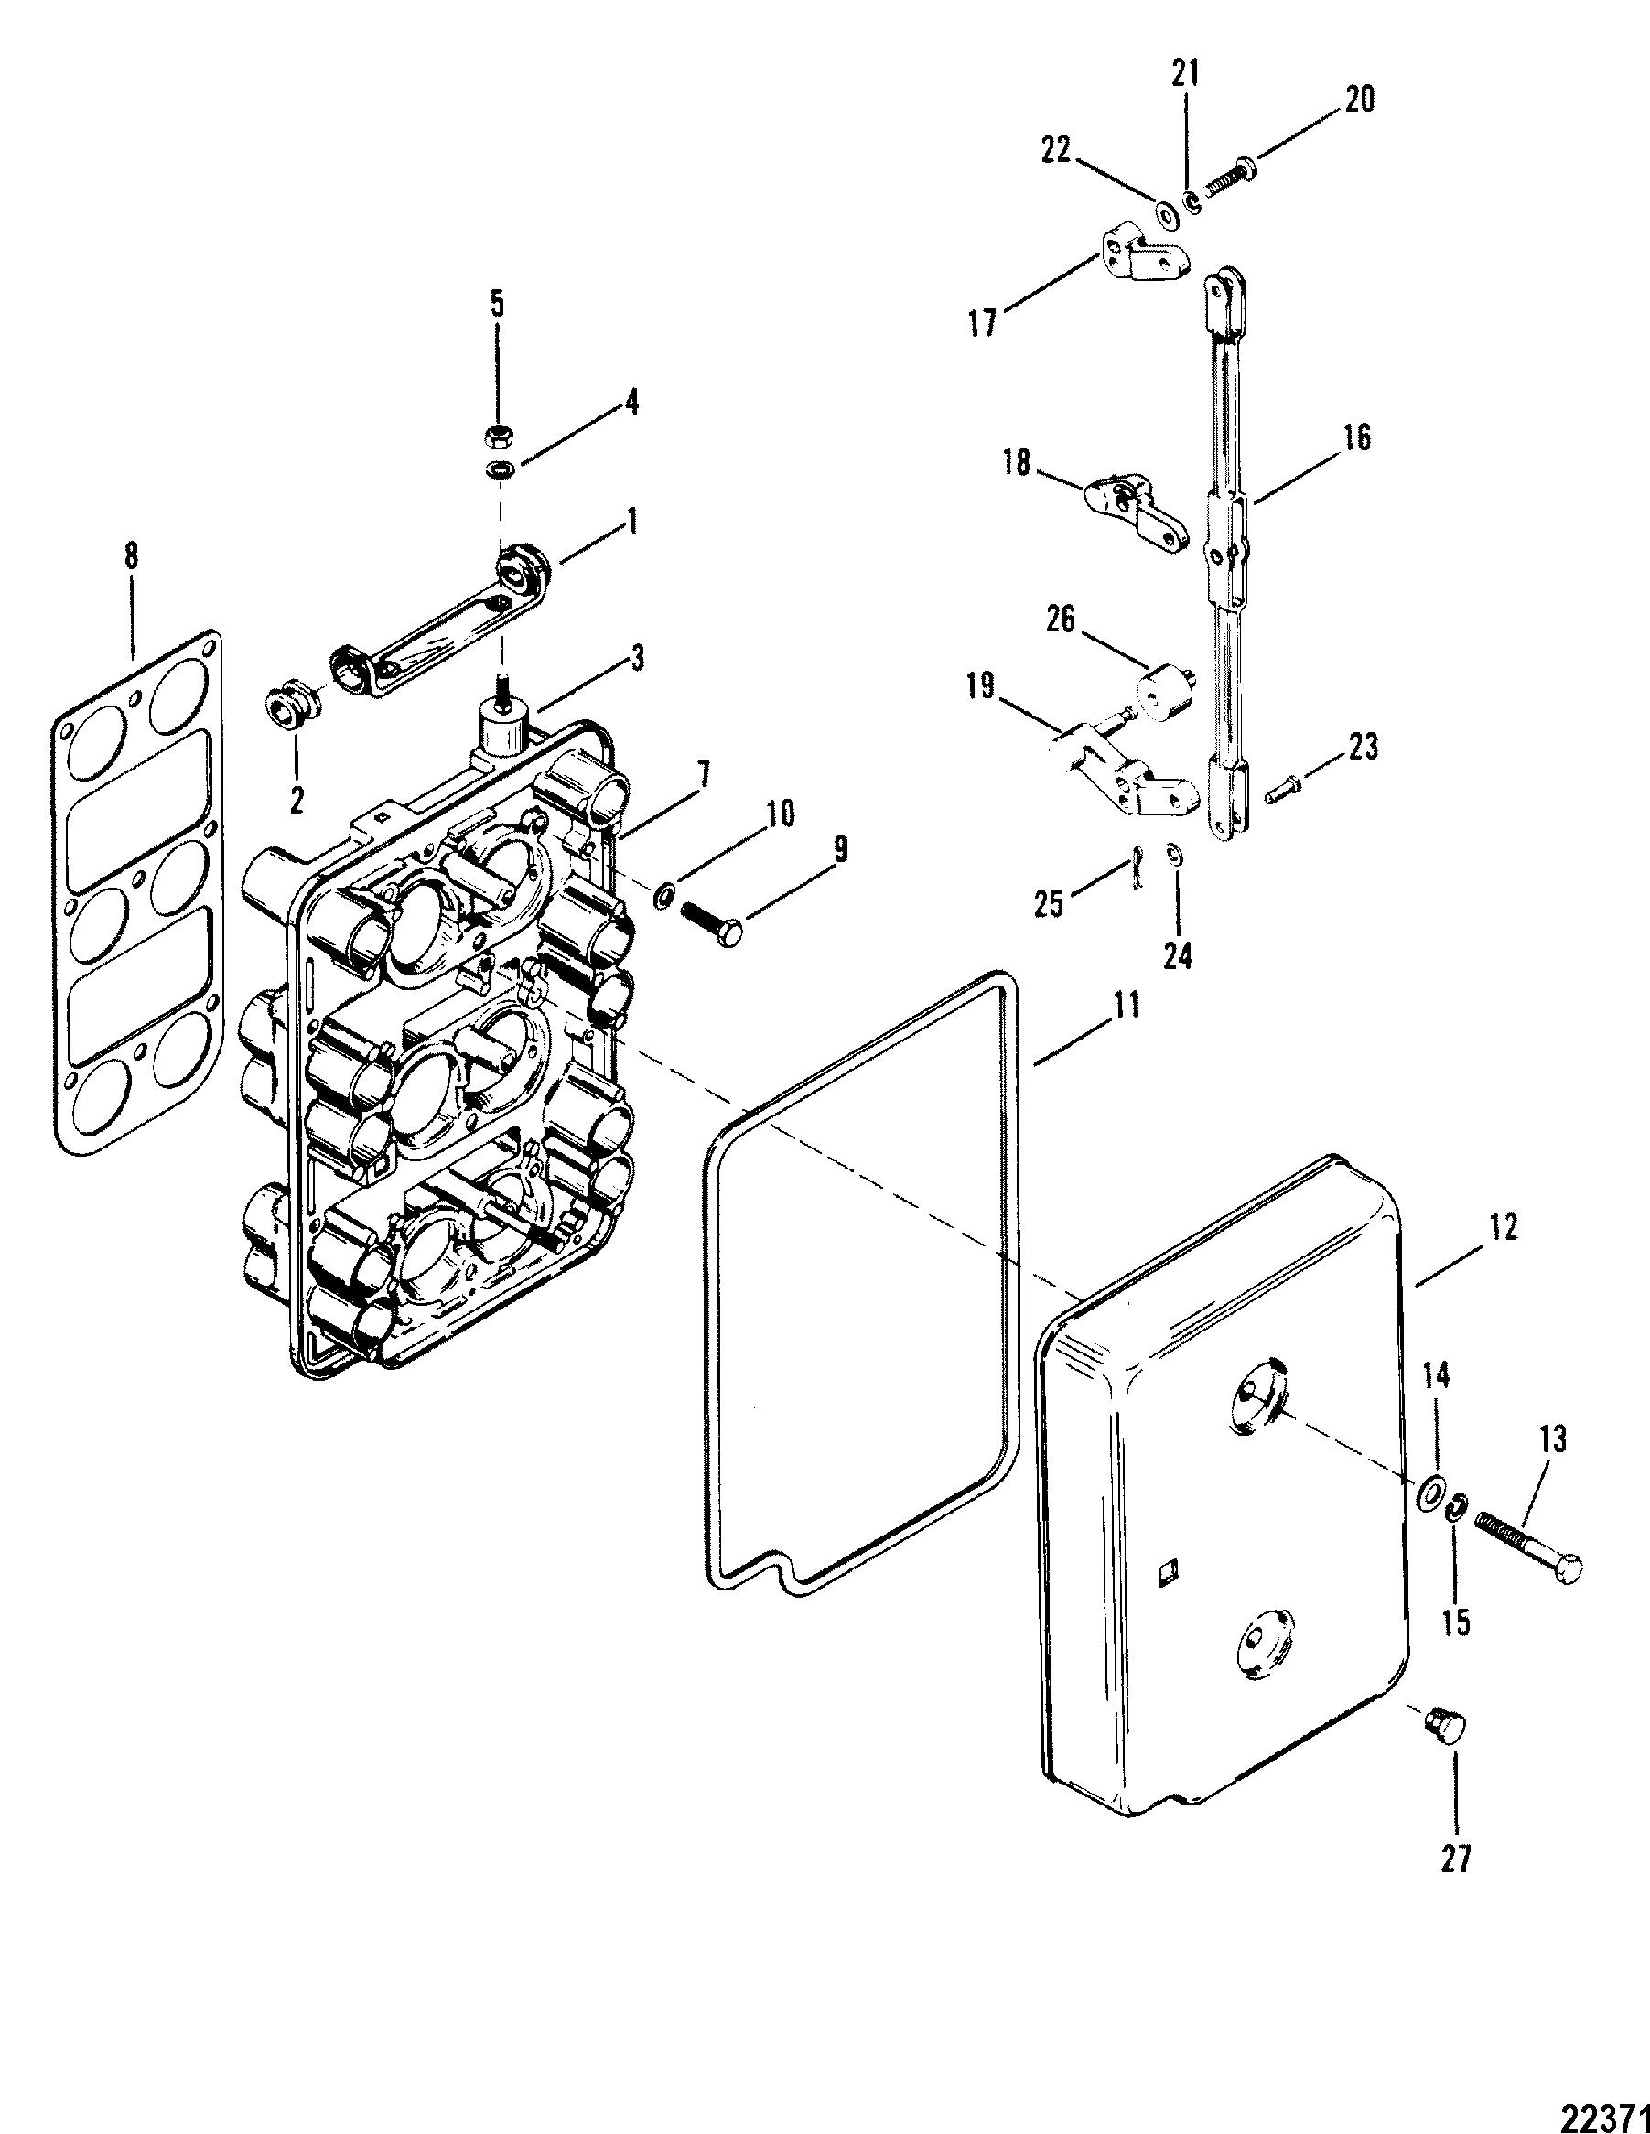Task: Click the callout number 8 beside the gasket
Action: (x=131, y=557)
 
